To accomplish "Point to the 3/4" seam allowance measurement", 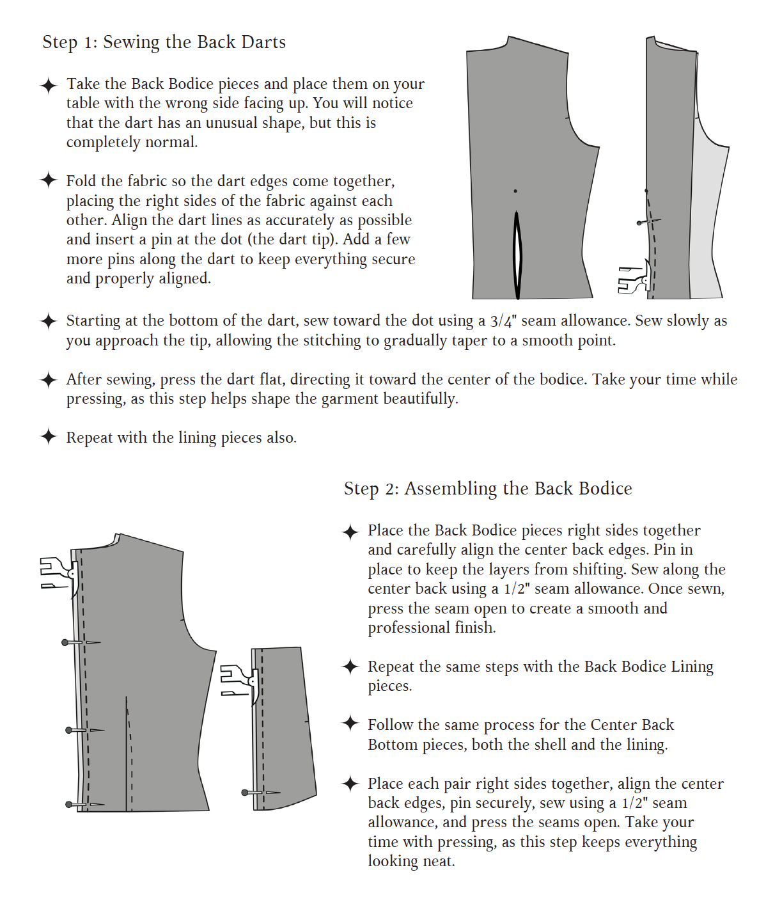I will pyautogui.click(x=501, y=321).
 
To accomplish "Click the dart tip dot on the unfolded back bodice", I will pyautogui.click(x=515, y=191).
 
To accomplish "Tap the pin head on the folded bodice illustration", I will pyautogui.click(x=639, y=223).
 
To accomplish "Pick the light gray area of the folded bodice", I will pyautogui.click(x=708, y=224).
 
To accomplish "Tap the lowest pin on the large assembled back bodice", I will pyautogui.click(x=69, y=804).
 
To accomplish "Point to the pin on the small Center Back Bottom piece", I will pyautogui.click(x=246, y=793).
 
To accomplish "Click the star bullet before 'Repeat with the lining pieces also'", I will pyautogui.click(x=49, y=437).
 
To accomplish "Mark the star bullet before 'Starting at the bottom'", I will pyautogui.click(x=49, y=320).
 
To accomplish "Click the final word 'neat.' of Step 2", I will pyautogui.click(x=438, y=861).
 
